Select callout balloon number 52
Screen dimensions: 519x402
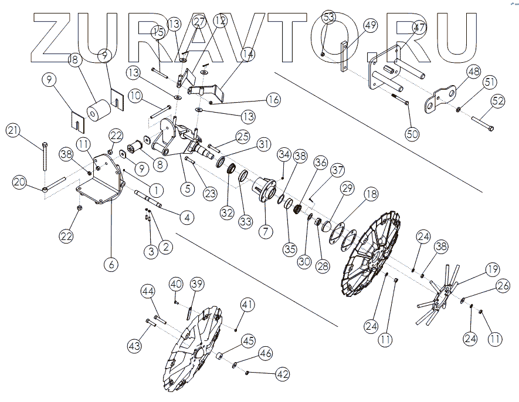tap(497, 101)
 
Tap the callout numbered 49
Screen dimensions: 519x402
tap(370, 28)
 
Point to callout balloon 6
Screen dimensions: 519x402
tap(110, 264)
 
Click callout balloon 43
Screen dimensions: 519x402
tap(135, 346)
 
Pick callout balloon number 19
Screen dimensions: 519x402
tap(491, 270)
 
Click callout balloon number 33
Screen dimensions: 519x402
tap(245, 222)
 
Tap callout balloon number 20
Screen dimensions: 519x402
tap(20, 183)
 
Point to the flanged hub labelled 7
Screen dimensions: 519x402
tap(263, 190)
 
